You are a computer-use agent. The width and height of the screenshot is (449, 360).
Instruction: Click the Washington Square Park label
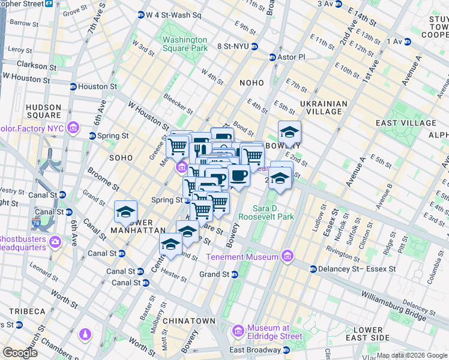pyautogui.click(x=185, y=44)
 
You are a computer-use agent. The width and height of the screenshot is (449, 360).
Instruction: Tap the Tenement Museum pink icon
pyautogui.click(x=287, y=256)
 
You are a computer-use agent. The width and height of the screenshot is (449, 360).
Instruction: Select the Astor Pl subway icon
pyautogui.click(x=272, y=58)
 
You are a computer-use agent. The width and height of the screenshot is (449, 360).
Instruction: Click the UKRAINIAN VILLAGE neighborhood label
pyautogui.click(x=324, y=107)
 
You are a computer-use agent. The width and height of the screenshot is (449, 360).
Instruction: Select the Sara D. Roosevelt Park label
pyautogui.click(x=266, y=212)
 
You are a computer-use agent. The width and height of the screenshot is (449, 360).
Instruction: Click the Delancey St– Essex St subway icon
pyautogui.click(x=313, y=269)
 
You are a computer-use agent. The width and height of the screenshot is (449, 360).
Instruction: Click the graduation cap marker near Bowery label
pyautogui.click(x=289, y=132)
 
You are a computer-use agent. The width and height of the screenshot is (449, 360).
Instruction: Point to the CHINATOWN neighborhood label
pyautogui.click(x=189, y=321)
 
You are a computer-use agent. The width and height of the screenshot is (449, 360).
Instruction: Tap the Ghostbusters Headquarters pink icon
pyautogui.click(x=55, y=242)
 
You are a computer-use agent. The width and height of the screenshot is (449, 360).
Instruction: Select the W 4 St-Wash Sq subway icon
pyautogui.click(x=141, y=14)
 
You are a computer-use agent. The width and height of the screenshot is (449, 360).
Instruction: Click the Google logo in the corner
pyautogui.click(x=20, y=353)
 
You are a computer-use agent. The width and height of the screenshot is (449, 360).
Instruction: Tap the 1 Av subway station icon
pyautogui.click(x=408, y=41)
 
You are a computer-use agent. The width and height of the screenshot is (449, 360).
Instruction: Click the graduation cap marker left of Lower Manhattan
pyautogui.click(x=125, y=212)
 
